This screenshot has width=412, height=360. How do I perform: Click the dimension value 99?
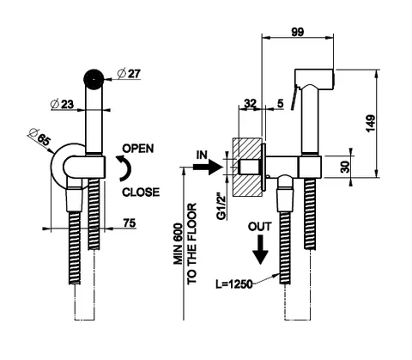tap(298, 32)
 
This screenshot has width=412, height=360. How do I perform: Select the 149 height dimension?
tap(371, 124)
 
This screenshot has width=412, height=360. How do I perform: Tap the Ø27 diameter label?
tap(130, 74)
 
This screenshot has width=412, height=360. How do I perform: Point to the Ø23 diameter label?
tap(62, 104)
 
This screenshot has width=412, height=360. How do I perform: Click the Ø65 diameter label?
tap(39, 137)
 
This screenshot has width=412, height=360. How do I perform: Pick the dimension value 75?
tap(130, 223)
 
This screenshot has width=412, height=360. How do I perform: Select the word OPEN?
tap(138, 149)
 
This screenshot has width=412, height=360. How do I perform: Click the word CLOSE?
tap(141, 192)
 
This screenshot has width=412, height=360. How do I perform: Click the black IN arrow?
tap(208, 167)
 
